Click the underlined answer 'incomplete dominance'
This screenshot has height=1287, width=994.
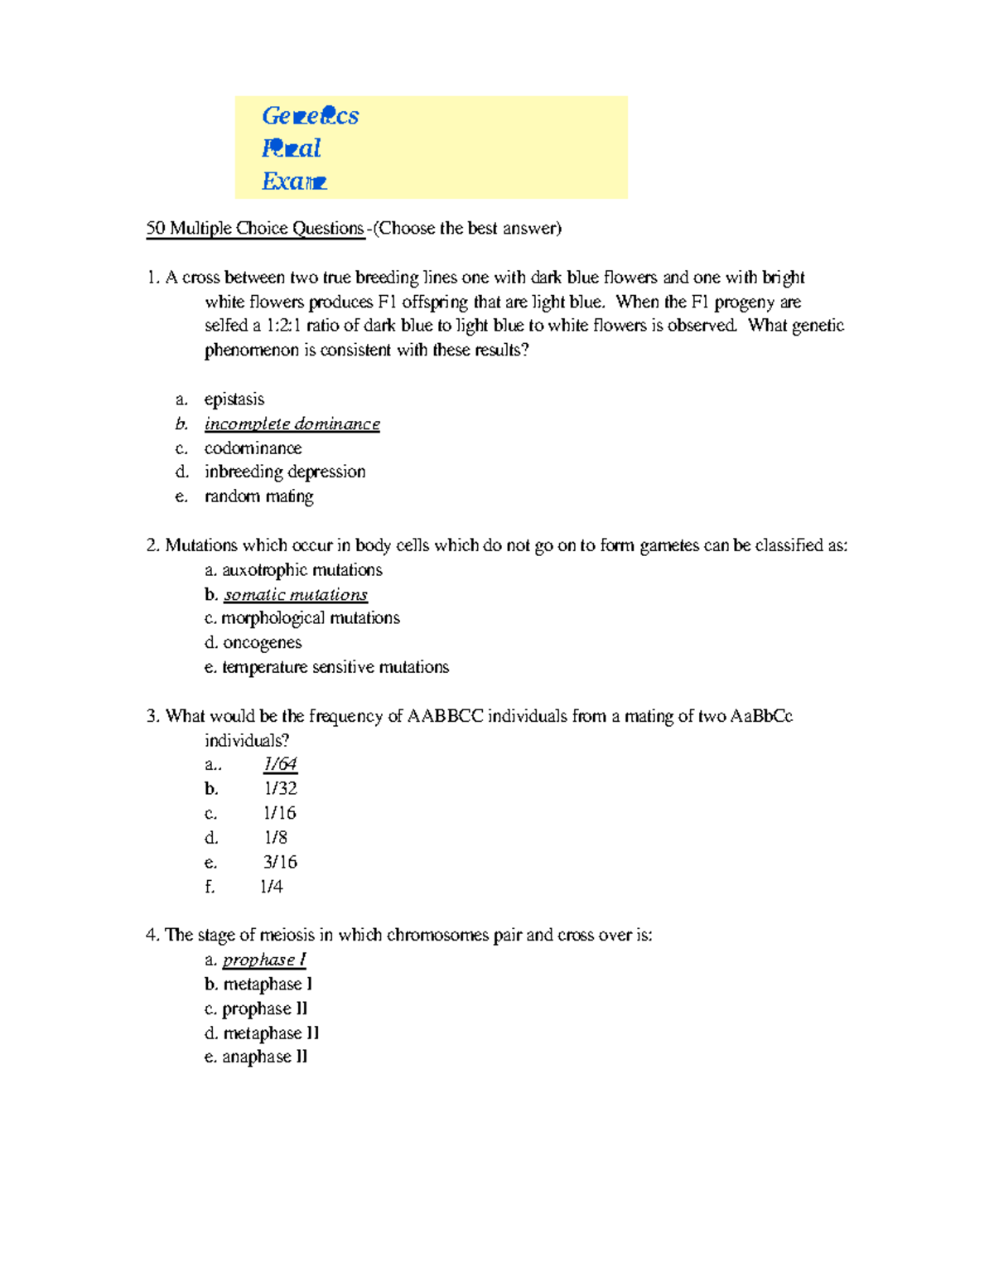pos(292,424)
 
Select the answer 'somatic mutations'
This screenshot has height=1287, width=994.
pos(296,595)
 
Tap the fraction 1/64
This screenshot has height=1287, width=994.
pos(280,764)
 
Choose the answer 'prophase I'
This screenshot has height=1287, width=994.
pos(264,960)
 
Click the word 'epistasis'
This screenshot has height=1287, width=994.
pos(234,399)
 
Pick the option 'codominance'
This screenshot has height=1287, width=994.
pos(253,448)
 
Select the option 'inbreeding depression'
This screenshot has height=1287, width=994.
pos(285,472)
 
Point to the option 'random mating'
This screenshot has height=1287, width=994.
pos(258,496)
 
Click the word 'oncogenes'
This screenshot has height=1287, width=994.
pos(263,643)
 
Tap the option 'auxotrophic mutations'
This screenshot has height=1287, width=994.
pos(302,570)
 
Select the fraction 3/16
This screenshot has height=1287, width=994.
pos(280,862)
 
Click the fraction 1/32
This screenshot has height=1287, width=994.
pos(280,789)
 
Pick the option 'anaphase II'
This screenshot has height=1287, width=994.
pos(264,1057)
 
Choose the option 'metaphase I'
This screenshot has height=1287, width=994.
pos(268,985)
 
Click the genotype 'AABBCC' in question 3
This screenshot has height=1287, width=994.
pos(445,717)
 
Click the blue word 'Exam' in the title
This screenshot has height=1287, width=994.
pos(294,181)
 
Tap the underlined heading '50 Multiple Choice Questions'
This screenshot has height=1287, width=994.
pos(255,229)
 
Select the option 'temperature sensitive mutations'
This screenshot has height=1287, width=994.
pos(335,667)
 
